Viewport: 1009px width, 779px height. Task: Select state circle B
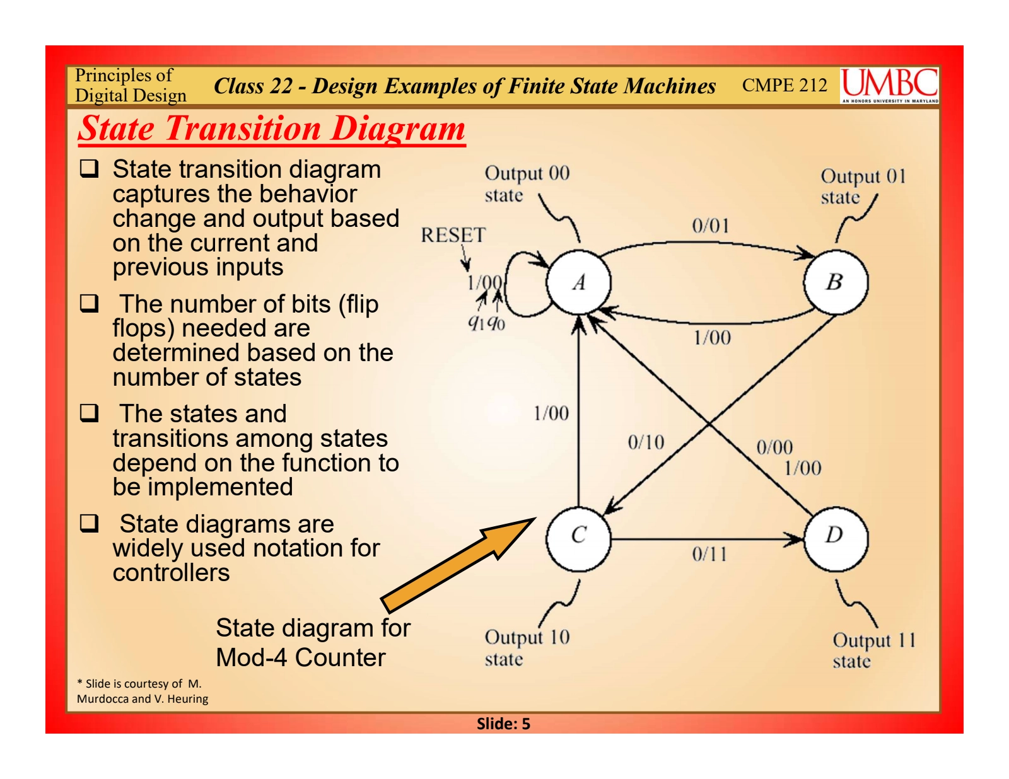click(x=835, y=282)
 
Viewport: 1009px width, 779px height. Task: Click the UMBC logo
click(x=889, y=86)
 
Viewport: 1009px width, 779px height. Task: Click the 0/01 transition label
click(x=711, y=226)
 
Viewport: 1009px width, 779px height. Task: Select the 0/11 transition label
click(x=709, y=555)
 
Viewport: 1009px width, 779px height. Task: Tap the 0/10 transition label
click(x=646, y=442)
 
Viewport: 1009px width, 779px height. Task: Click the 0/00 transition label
click(x=774, y=447)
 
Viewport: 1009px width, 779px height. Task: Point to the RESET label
click(x=453, y=235)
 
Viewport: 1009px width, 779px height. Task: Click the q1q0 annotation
click(x=486, y=323)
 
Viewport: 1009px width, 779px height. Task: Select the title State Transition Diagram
click(x=272, y=129)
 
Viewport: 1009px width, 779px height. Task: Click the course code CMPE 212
click(x=784, y=85)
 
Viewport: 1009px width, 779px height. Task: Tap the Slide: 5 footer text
click(x=503, y=724)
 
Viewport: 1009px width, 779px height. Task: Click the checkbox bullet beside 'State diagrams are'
click(x=89, y=523)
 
